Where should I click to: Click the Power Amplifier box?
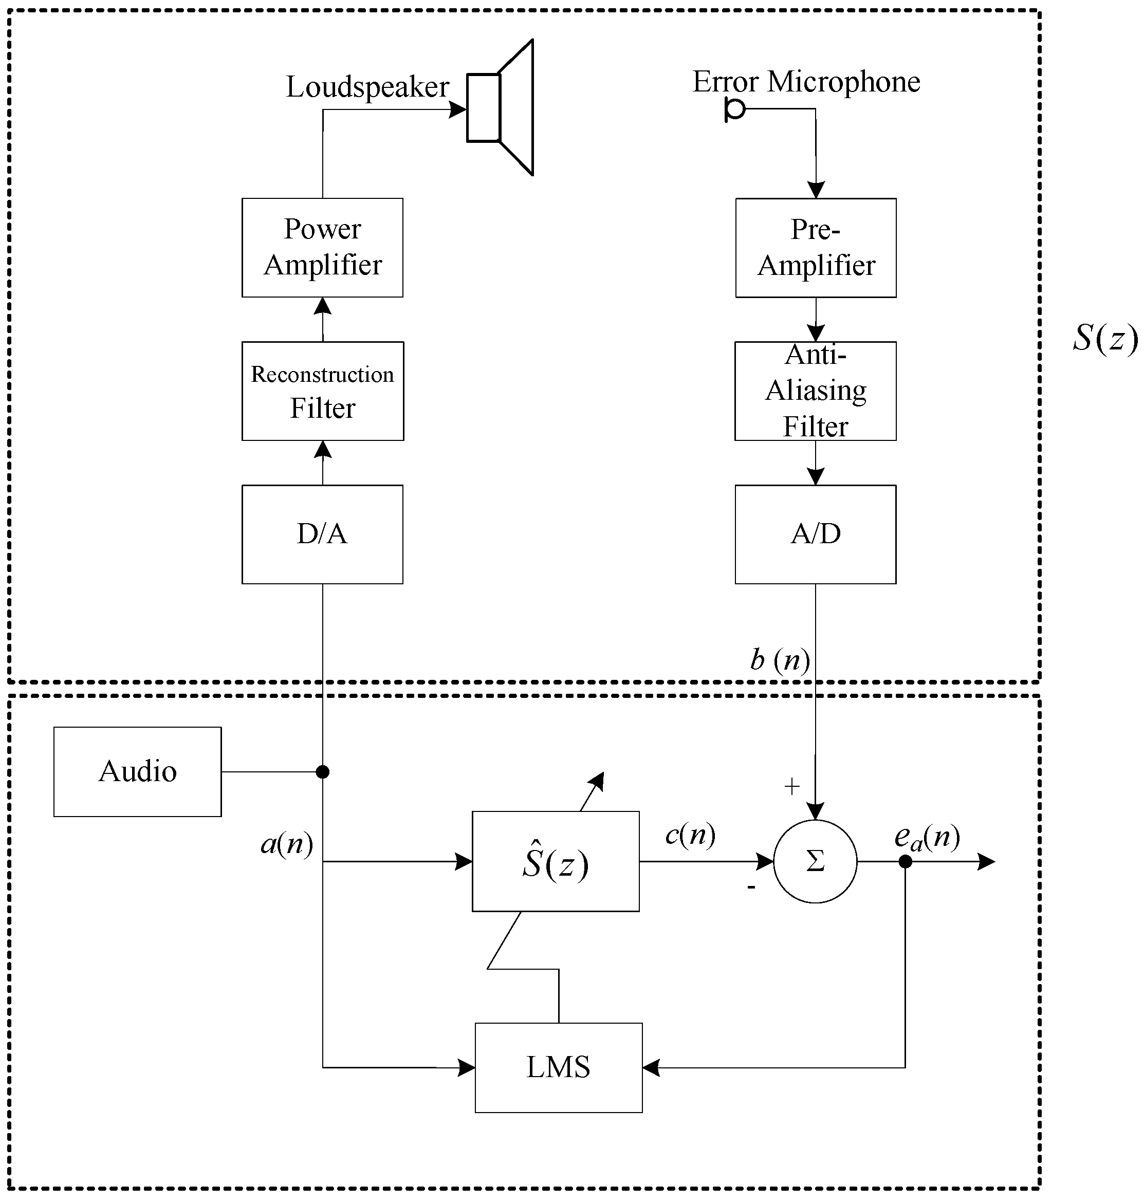(x=322, y=247)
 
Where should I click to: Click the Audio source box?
(x=137, y=771)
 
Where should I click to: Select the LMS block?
(x=558, y=1067)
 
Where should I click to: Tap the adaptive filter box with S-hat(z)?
(x=555, y=861)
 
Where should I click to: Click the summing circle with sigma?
(x=815, y=861)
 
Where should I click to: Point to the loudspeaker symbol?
(x=500, y=107)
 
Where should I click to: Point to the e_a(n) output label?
(x=927, y=837)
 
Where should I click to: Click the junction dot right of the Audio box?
(x=323, y=772)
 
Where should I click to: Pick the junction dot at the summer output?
(x=905, y=861)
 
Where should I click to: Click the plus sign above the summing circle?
(x=791, y=787)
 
